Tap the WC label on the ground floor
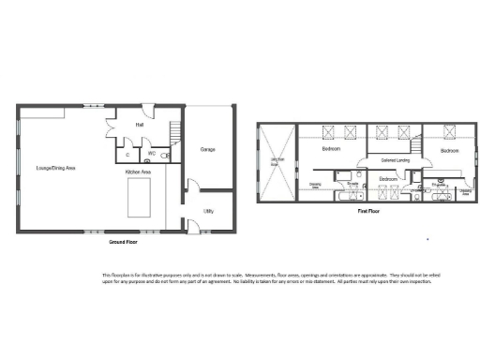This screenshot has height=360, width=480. coord(150,152)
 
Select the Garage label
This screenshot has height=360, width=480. coord(208,149)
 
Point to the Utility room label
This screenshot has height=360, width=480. coord(208,211)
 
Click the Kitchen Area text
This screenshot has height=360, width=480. coord(140,172)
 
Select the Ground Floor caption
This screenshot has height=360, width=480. coord(124,242)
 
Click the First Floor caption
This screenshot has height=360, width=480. coord(369,212)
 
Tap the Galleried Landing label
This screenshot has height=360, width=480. coord(385,159)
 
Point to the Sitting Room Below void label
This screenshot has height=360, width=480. coord(277,161)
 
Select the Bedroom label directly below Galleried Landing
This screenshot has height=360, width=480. coord(389,177)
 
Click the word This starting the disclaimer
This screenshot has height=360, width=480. coord(107,275)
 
